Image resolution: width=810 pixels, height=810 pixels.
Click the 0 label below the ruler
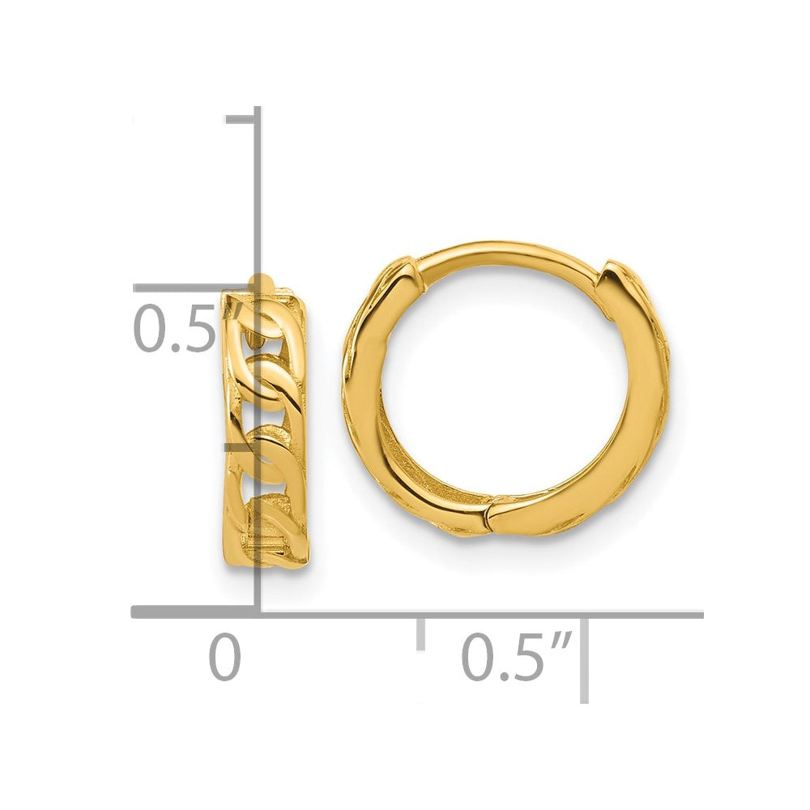point(224,658)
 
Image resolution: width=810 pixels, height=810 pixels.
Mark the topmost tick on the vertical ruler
point(241,120)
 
